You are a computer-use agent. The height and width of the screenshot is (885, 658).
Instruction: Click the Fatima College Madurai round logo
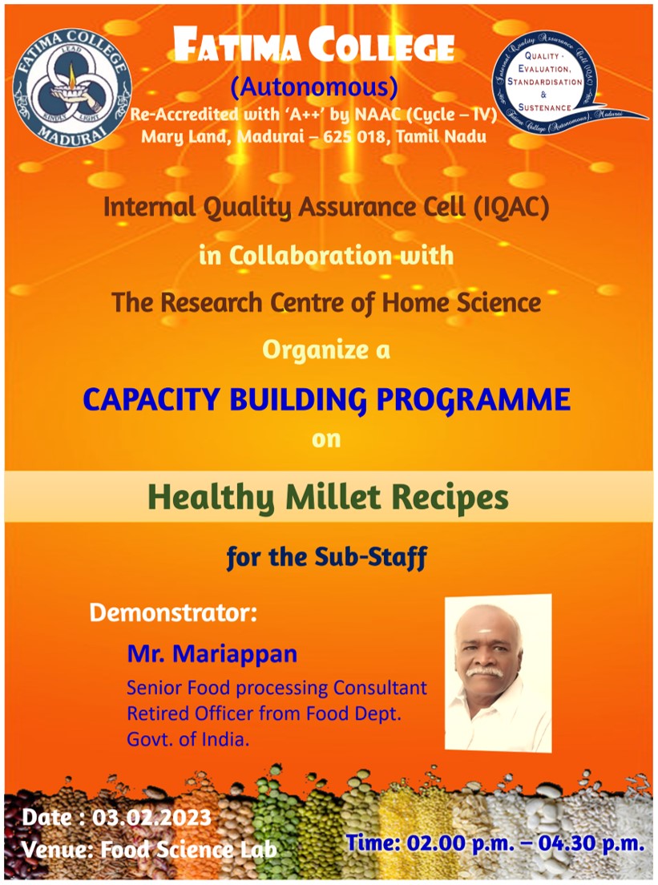pyautogui.click(x=72, y=88)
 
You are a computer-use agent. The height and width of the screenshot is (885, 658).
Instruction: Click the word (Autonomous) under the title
pyautogui.click(x=314, y=87)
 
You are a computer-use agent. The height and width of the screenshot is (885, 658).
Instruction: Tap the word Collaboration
pyautogui.click(x=310, y=256)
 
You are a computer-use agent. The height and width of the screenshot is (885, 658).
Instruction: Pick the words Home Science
pyautogui.click(x=462, y=302)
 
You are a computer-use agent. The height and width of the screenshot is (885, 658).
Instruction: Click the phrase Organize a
pyautogui.click(x=326, y=350)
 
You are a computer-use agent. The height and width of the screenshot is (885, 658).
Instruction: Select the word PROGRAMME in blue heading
pyautogui.click(x=473, y=399)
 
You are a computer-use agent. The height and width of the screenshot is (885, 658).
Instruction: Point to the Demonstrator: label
pyautogui.click(x=173, y=612)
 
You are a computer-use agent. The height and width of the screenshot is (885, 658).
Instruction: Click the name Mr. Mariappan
pyautogui.click(x=212, y=653)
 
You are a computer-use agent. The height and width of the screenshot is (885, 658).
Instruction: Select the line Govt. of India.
pyautogui.click(x=188, y=739)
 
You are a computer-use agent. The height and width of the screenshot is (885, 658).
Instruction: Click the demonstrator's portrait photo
pyautogui.click(x=499, y=673)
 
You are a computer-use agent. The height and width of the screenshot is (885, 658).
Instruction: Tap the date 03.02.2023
pyautogui.click(x=151, y=818)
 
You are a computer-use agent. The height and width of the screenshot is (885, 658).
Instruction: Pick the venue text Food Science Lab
pyautogui.click(x=188, y=850)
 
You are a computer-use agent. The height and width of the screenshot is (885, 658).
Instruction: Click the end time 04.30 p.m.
pyautogui.click(x=591, y=843)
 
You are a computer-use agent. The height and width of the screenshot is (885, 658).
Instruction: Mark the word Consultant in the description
pyautogui.click(x=380, y=688)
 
